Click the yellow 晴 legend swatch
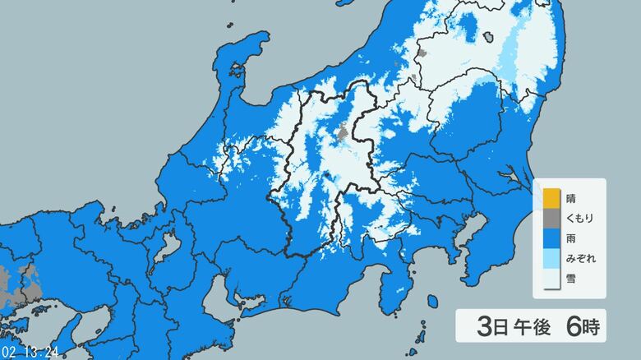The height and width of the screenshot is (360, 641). pyautogui.click(x=550, y=199)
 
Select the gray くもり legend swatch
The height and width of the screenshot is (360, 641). pyautogui.click(x=550, y=219)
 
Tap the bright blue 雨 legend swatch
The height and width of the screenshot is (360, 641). pyautogui.click(x=550, y=239)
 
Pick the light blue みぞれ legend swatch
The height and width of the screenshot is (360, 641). pyautogui.click(x=550, y=260)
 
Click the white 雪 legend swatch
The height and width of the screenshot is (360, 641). pyautogui.click(x=550, y=279)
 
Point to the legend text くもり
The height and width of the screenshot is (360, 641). pyautogui.click(x=580, y=219)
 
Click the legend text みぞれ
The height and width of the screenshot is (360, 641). pyautogui.click(x=580, y=260)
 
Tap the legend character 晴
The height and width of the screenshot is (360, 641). pyautogui.click(x=571, y=199)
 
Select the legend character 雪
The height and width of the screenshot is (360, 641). pyautogui.click(x=571, y=279)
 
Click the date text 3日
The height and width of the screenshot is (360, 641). pyautogui.click(x=492, y=326)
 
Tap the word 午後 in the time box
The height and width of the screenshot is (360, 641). pyautogui.click(x=532, y=326)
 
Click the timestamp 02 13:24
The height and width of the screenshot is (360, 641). pyautogui.click(x=30, y=352)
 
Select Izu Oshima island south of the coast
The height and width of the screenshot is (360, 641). pyautogui.click(x=432, y=302)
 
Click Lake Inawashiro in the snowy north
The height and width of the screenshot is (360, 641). pyautogui.click(x=488, y=38)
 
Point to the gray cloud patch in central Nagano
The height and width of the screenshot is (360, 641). pyautogui.click(x=342, y=132)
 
